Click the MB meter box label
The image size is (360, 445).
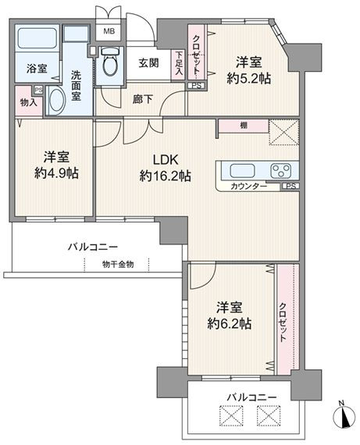[x=109, y=31]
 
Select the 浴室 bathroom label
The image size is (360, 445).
[x=37, y=69]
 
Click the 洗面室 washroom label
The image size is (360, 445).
[x=76, y=86]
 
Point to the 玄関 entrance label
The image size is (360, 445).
[x=148, y=62]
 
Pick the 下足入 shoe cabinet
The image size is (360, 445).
[x=179, y=65]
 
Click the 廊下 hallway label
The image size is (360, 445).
[x=143, y=99]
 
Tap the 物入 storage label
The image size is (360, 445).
[x=29, y=102]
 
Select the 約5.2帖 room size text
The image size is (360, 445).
[x=248, y=79]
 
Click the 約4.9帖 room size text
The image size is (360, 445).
[x=56, y=173]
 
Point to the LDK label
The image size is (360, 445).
[x=166, y=160]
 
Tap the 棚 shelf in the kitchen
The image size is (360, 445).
[x=244, y=126]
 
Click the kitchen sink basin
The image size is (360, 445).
[x=242, y=171]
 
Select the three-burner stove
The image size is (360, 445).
[x=281, y=171]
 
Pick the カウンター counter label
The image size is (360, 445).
[x=248, y=186]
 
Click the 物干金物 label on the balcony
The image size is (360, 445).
[x=118, y=265]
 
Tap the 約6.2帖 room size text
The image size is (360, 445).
[x=229, y=323]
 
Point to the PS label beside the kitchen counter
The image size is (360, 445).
[x=290, y=186]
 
